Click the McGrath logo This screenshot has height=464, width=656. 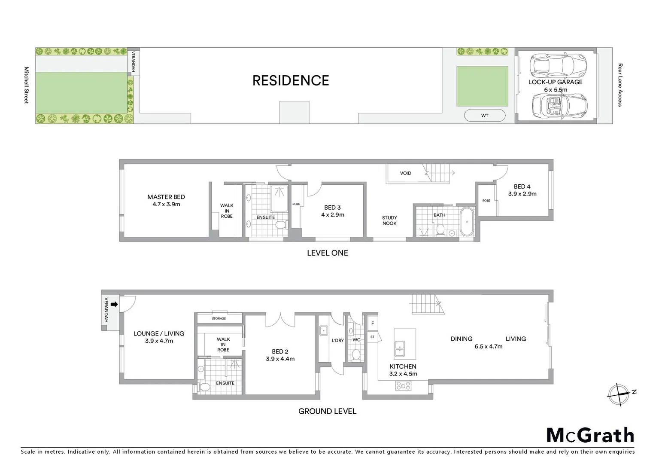click(x=590, y=435)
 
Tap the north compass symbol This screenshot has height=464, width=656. click(x=619, y=394)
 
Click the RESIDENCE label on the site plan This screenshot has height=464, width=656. click(x=291, y=80)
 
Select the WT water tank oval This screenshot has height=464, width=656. click(x=485, y=116)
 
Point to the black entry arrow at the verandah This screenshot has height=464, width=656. click(x=114, y=304)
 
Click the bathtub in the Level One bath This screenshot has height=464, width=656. click(x=467, y=222)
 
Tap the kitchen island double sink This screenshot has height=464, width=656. click(x=400, y=348)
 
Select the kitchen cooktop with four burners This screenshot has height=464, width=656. click(x=403, y=386)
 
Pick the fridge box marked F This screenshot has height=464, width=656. click(x=372, y=323)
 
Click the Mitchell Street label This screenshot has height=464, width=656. click(x=26, y=85)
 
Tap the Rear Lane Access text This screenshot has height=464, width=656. click(x=620, y=85)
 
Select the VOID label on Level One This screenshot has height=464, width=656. click(x=405, y=173)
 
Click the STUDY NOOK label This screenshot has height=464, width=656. click(x=389, y=220)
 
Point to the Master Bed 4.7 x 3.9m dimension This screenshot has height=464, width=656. click(x=166, y=205)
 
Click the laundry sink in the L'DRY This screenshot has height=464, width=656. click(x=324, y=330)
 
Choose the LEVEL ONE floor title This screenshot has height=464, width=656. click(x=327, y=253)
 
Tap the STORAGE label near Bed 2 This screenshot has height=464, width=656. click(x=219, y=318)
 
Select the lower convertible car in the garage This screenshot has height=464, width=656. click(x=559, y=106)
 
